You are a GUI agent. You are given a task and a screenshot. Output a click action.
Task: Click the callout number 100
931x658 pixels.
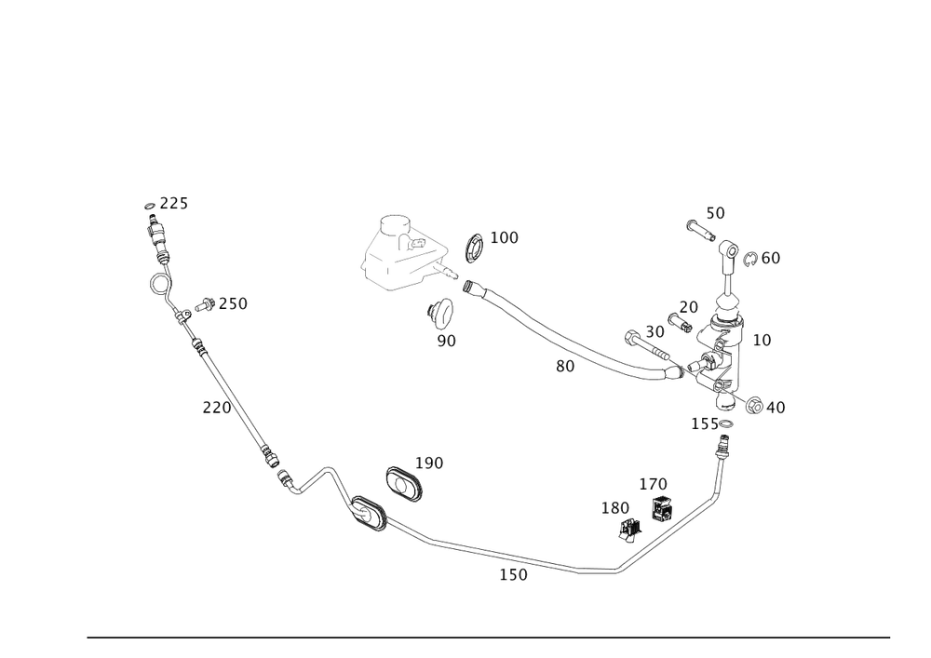click(x=504, y=238)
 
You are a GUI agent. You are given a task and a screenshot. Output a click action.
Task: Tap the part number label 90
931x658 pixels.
click(x=447, y=341)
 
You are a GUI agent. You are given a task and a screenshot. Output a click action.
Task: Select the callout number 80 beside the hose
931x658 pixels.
click(x=565, y=367)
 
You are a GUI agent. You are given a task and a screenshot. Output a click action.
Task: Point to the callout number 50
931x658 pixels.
click(x=714, y=213)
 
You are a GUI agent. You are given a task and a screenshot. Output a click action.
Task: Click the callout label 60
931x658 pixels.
click(x=770, y=258)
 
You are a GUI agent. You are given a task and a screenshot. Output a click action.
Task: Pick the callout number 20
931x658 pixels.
click(x=688, y=306)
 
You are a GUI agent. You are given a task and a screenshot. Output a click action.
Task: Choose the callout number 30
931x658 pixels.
click(x=655, y=330)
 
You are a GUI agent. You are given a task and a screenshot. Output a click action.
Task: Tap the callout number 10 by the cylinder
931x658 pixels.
click(x=762, y=341)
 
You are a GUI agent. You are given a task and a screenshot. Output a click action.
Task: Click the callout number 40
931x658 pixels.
click(x=776, y=407)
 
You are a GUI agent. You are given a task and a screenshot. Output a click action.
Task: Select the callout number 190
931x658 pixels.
click(x=429, y=463)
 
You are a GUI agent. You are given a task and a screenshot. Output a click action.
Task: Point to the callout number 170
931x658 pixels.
click(x=653, y=484)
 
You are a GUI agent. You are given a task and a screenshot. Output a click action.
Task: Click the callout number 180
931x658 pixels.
click(x=614, y=508)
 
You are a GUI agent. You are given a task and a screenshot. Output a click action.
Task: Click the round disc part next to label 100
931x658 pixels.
click(x=474, y=248)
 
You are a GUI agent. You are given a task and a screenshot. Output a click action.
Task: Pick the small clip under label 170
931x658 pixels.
click(x=662, y=508)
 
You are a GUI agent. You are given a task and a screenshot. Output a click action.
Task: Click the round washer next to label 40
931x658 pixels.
click(x=755, y=405)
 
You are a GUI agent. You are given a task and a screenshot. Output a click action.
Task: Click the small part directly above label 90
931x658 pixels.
click(x=439, y=313)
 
